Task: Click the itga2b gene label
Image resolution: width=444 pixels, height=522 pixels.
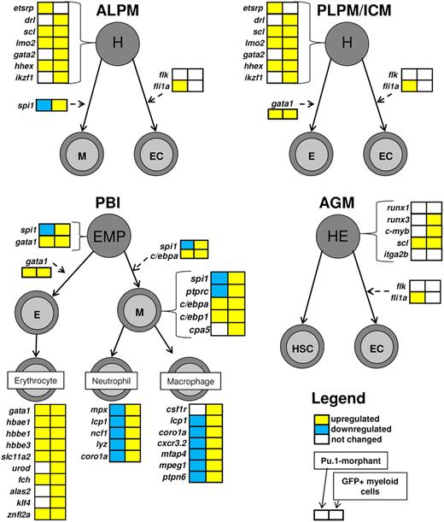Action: tap(392, 254)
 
